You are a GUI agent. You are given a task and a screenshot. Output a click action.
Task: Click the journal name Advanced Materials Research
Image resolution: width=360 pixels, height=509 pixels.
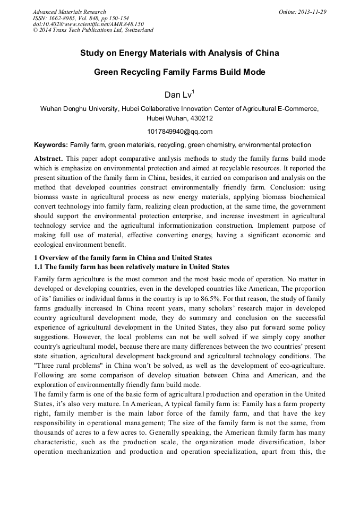coord(69,12)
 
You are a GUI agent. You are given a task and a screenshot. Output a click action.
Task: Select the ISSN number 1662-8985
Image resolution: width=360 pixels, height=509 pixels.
coord(66,18)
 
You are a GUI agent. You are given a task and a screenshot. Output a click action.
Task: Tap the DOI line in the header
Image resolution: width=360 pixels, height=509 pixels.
coord(88,24)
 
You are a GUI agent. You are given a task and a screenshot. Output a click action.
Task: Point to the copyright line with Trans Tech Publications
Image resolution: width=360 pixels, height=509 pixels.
coord(93,30)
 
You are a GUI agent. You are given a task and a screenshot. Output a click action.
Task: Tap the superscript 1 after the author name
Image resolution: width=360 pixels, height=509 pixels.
coord(194,92)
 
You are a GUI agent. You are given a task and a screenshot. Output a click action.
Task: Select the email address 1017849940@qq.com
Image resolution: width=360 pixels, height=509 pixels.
coord(179,132)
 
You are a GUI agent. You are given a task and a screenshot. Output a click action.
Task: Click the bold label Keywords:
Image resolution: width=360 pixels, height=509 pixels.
coord(51,144)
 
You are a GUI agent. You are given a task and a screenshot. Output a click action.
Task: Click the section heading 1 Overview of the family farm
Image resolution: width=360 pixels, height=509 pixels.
coord(123,258)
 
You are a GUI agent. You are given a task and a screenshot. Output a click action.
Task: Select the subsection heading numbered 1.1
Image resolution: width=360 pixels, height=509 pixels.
coord(132,267)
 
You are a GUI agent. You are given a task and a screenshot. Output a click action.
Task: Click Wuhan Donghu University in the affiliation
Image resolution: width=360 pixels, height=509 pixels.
coord(79,109)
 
